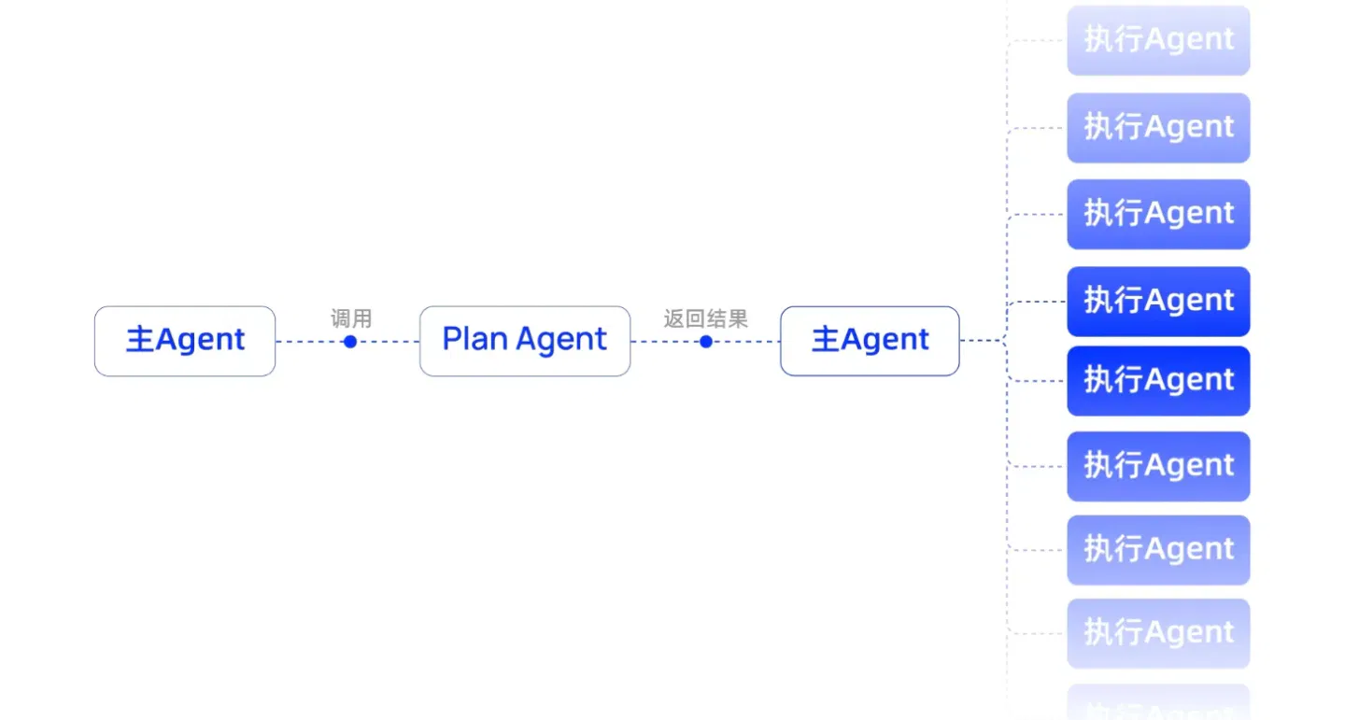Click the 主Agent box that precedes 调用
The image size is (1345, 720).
point(185,341)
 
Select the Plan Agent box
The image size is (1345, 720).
point(525,341)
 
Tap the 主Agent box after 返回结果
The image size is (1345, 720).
point(870,341)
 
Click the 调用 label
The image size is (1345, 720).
point(351,318)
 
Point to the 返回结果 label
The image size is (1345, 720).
point(705,318)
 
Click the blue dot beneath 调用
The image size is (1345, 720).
point(350,342)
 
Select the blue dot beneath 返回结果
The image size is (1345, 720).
point(706,342)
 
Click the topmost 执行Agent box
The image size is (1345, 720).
point(1158,40)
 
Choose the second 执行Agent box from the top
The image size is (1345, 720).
point(1158,128)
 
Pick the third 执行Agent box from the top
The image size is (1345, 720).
point(1158,215)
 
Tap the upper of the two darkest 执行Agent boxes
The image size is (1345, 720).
point(1158,302)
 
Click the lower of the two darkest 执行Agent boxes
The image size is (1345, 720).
point(1158,381)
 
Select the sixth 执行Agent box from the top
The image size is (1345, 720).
point(1158,467)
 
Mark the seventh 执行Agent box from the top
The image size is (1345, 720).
point(1158,550)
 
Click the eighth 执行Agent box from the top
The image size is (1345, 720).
point(1158,633)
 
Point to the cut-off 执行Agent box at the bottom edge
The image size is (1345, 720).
point(1158,702)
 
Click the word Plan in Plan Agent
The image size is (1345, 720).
point(474,339)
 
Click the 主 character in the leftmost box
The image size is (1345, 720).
point(140,339)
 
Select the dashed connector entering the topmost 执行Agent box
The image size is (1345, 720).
point(1036,41)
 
